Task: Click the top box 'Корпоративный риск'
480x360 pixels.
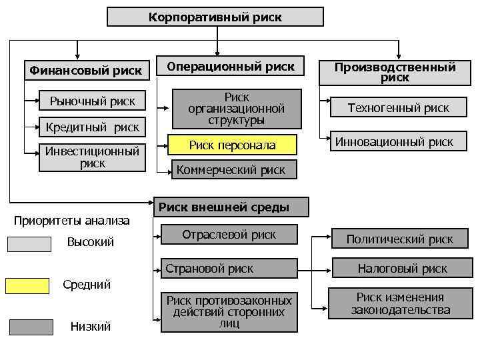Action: click(215, 17)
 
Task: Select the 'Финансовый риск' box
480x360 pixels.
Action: click(84, 70)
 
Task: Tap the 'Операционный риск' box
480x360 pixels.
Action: click(231, 67)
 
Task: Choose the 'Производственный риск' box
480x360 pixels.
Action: click(395, 72)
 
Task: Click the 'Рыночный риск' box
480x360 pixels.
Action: click(92, 101)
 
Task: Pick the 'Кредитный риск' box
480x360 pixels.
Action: click(92, 127)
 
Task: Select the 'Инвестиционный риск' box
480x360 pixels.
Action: click(92, 157)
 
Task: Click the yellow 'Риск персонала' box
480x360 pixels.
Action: click(232, 145)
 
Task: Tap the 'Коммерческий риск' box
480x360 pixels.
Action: click(231, 170)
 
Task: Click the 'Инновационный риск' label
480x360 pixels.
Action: click(394, 141)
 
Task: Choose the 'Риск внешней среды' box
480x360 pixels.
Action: click(233, 207)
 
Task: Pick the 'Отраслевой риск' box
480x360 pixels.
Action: click(229, 235)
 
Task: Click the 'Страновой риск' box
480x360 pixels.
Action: click(229, 269)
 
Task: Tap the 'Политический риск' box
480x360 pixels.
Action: click(399, 239)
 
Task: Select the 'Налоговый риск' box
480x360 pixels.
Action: click(402, 269)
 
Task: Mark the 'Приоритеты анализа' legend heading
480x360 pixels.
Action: click(72, 220)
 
